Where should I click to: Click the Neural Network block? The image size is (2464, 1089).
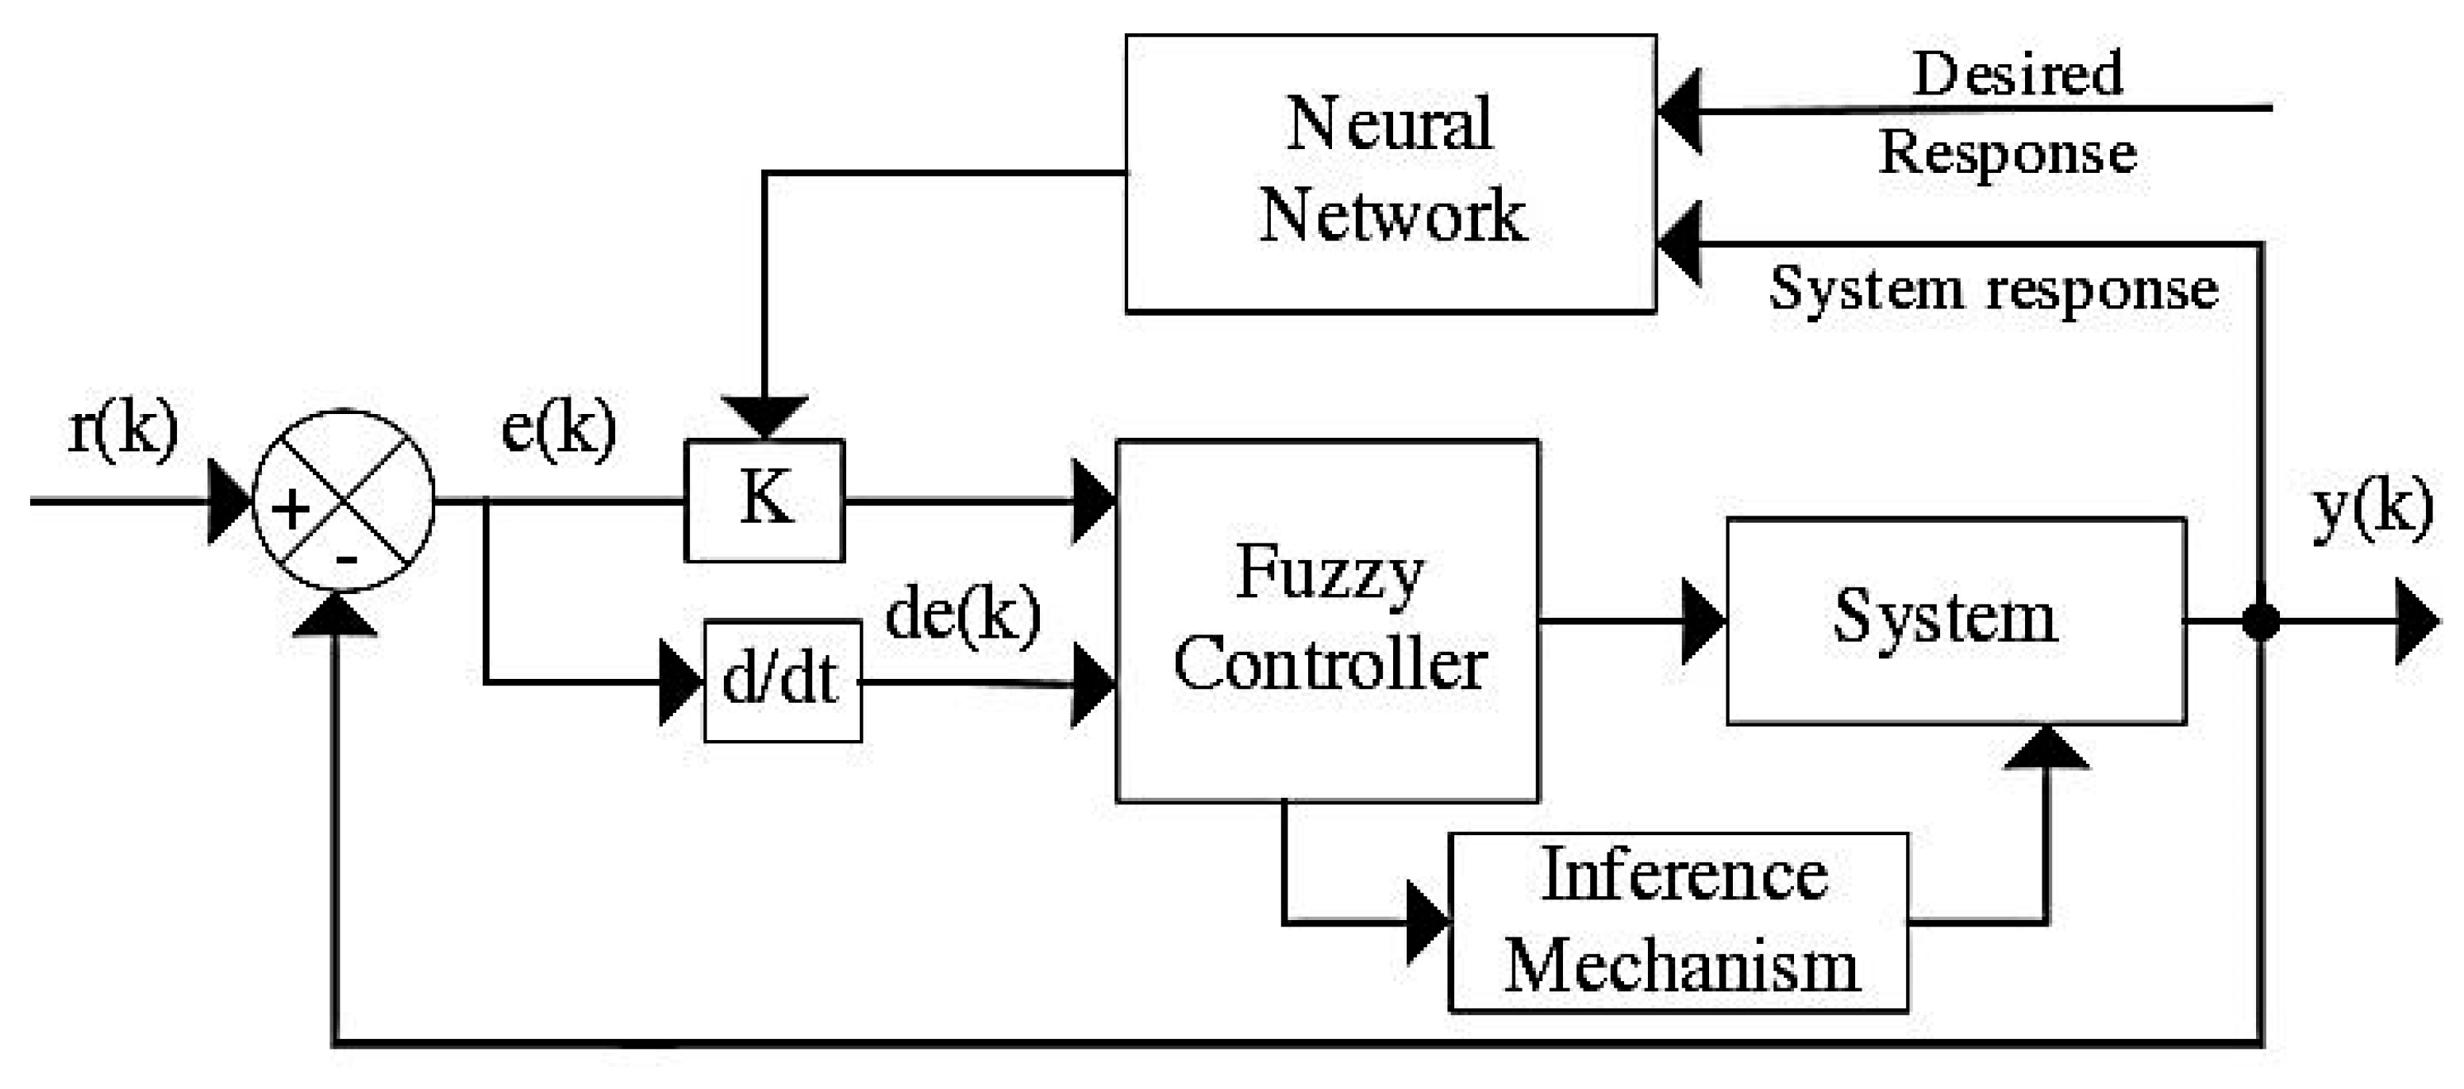1390,173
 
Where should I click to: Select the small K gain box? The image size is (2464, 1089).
764,500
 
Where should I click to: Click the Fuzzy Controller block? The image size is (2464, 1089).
1326,619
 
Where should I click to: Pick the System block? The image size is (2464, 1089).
1955,620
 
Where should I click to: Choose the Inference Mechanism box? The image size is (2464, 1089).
1679,922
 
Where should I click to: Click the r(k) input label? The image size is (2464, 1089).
122,429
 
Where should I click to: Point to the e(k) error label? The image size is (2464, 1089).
559,429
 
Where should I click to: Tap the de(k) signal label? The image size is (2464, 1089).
962,615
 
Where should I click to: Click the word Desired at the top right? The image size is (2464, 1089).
2017,74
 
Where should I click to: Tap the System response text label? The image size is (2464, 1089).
1993,289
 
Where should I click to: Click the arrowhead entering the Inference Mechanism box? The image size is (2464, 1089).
1428,922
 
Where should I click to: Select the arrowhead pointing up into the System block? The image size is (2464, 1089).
2046,748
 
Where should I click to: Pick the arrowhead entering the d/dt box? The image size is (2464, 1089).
682,681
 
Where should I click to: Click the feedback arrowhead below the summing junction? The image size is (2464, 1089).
335,615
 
